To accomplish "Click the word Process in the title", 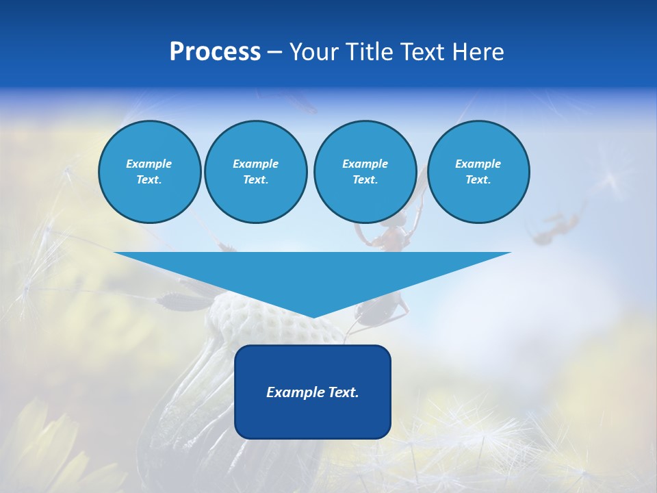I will pos(215,52).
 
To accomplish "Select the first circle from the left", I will pos(149,172).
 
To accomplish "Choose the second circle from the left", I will pos(255,172).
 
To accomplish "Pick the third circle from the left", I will pos(365,172).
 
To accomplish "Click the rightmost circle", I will pos(478,172).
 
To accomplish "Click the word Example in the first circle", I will pos(149,164).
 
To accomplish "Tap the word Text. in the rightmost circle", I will pos(478,180).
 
